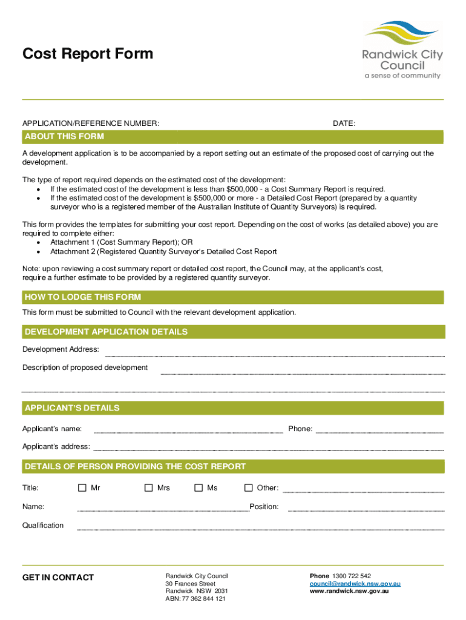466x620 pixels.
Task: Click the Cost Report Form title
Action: tap(88, 54)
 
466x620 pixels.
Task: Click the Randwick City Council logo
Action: tap(402, 51)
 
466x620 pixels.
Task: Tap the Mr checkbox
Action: tap(82, 488)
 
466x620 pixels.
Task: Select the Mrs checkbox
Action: tap(148, 488)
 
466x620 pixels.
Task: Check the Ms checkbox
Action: tap(199, 488)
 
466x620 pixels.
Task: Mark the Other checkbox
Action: tap(248, 488)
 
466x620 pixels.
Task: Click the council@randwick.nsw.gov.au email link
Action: tap(355, 584)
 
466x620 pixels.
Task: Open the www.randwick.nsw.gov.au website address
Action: tap(349, 591)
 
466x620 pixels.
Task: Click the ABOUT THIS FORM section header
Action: tap(64, 137)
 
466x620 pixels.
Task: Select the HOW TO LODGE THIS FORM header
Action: tap(83, 297)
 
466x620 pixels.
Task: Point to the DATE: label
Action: tap(344, 124)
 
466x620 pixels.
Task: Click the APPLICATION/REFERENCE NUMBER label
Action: tap(91, 124)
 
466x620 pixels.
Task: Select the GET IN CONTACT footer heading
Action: tap(58, 578)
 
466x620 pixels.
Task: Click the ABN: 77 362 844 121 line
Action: tap(195, 599)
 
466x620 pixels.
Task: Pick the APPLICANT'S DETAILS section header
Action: tap(72, 408)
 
